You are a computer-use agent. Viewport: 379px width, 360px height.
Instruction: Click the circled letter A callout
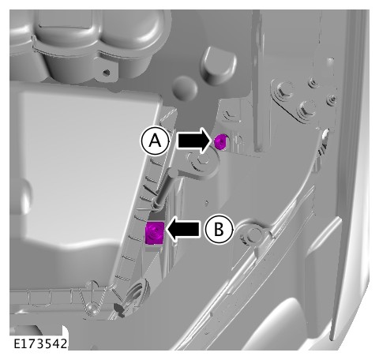[155, 141]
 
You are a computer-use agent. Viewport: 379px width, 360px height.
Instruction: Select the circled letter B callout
[219, 229]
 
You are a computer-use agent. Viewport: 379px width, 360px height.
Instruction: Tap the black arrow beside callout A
[194, 141]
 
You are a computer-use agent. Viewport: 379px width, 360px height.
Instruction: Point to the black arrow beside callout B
[183, 229]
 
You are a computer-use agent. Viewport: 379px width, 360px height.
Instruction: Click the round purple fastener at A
[220, 141]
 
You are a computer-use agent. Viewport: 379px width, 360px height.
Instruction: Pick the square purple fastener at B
[155, 233]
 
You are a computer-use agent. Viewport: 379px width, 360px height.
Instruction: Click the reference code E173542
[40, 343]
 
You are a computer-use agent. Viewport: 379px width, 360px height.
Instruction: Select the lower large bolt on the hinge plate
[306, 108]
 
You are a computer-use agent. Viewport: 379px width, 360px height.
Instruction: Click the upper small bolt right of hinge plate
[313, 82]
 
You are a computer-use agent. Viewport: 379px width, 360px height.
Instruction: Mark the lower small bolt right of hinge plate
[331, 99]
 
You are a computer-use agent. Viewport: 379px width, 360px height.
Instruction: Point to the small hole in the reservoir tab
[107, 73]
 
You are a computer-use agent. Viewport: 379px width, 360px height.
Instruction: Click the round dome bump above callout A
[186, 88]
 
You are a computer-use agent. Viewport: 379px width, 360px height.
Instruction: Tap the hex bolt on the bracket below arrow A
[203, 161]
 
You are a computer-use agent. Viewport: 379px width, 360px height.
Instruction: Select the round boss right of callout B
[253, 234]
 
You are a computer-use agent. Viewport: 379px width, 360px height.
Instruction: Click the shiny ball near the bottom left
[91, 308]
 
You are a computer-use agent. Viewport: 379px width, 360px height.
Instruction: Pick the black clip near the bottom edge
[119, 309]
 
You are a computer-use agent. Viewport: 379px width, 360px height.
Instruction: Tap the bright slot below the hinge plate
[325, 133]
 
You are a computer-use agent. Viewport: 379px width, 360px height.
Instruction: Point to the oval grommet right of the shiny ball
[137, 292]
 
